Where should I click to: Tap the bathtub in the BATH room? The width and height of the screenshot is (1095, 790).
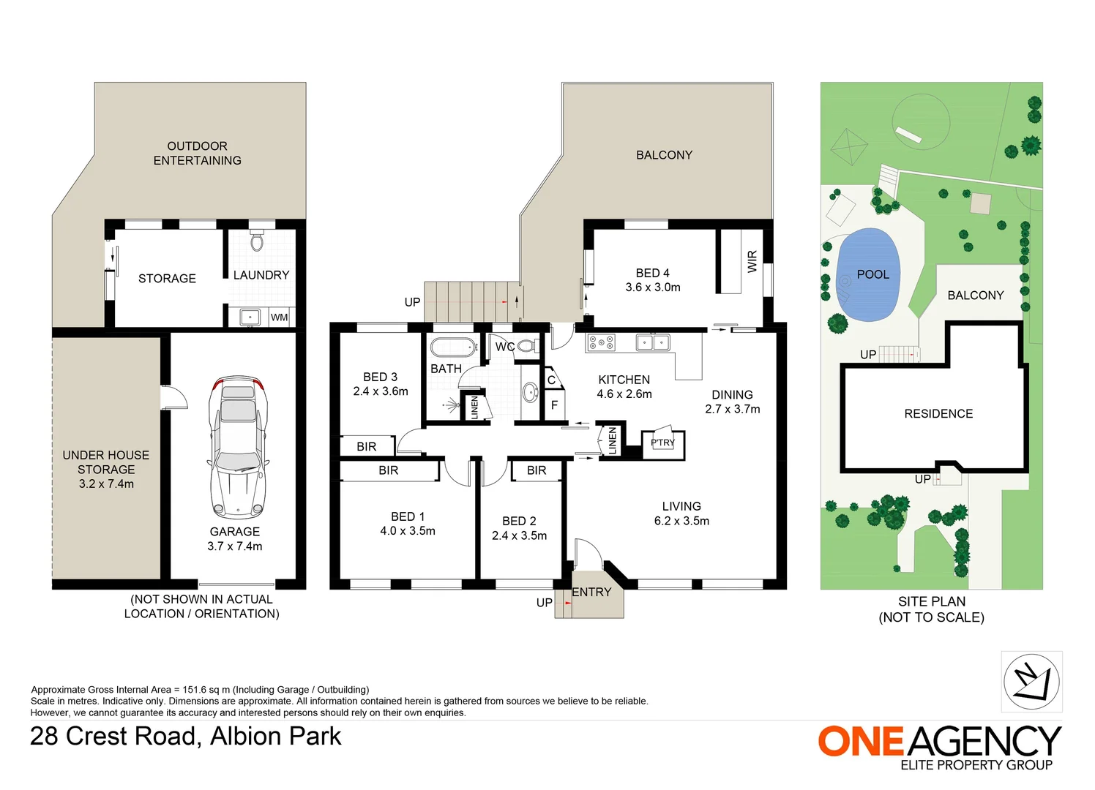(453, 347)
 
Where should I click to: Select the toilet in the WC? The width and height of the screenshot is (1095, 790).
(526, 346)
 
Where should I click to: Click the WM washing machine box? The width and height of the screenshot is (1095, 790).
(279, 317)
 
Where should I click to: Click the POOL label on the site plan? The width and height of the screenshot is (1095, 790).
(872, 274)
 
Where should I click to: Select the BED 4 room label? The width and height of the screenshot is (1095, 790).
(652, 273)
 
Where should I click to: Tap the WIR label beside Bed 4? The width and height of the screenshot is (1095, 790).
(752, 261)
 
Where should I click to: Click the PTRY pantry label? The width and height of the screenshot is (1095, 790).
(662, 443)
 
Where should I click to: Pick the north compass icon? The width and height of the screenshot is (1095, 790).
(1031, 682)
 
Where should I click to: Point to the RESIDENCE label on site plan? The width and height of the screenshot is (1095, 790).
(938, 414)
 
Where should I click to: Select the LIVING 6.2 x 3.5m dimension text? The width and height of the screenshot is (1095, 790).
(681, 521)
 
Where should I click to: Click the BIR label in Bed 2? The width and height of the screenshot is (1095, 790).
(537, 470)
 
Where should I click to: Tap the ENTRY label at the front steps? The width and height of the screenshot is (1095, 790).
(591, 592)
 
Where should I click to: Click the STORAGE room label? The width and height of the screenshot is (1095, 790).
(167, 279)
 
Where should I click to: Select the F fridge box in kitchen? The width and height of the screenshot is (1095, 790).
(554, 405)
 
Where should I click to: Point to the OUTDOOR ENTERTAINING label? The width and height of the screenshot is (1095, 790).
(197, 153)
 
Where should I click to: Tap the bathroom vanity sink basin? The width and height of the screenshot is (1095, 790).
(529, 393)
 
